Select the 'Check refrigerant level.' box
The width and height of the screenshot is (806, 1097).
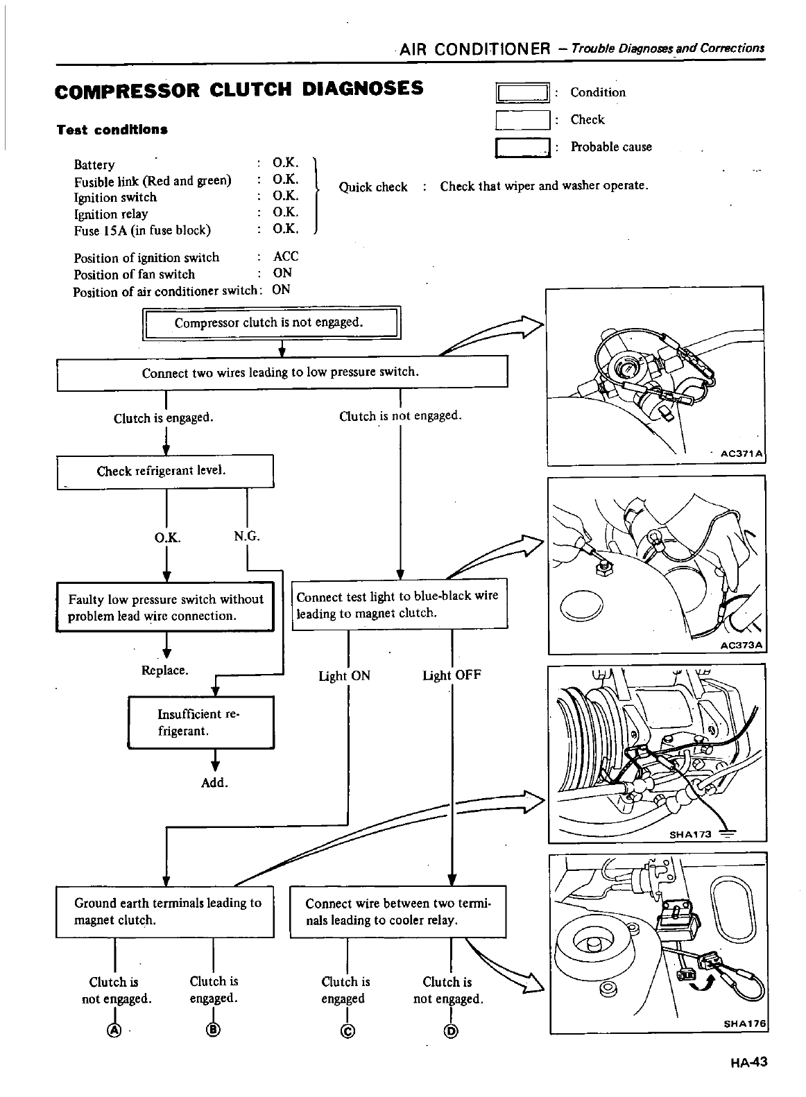coord(165,472)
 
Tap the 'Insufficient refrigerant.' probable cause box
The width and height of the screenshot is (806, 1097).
coord(201,723)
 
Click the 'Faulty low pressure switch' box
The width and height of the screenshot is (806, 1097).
coord(165,607)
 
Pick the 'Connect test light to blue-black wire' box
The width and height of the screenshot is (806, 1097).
coord(400,605)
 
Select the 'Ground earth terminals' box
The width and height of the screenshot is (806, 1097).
coord(165,911)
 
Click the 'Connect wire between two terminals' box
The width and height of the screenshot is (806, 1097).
coord(398,911)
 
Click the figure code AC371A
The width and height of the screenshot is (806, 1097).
coord(741,454)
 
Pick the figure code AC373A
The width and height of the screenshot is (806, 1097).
coord(741,646)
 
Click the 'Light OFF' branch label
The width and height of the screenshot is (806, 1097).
coord(452,675)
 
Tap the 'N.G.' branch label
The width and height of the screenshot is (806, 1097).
coord(247,537)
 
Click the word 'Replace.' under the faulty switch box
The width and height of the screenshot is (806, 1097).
coord(165,671)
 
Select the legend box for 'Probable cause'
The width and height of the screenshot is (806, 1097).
coord(523,148)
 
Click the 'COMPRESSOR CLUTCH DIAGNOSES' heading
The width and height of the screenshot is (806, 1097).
coord(240,89)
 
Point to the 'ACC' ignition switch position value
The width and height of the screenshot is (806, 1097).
coord(286,257)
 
